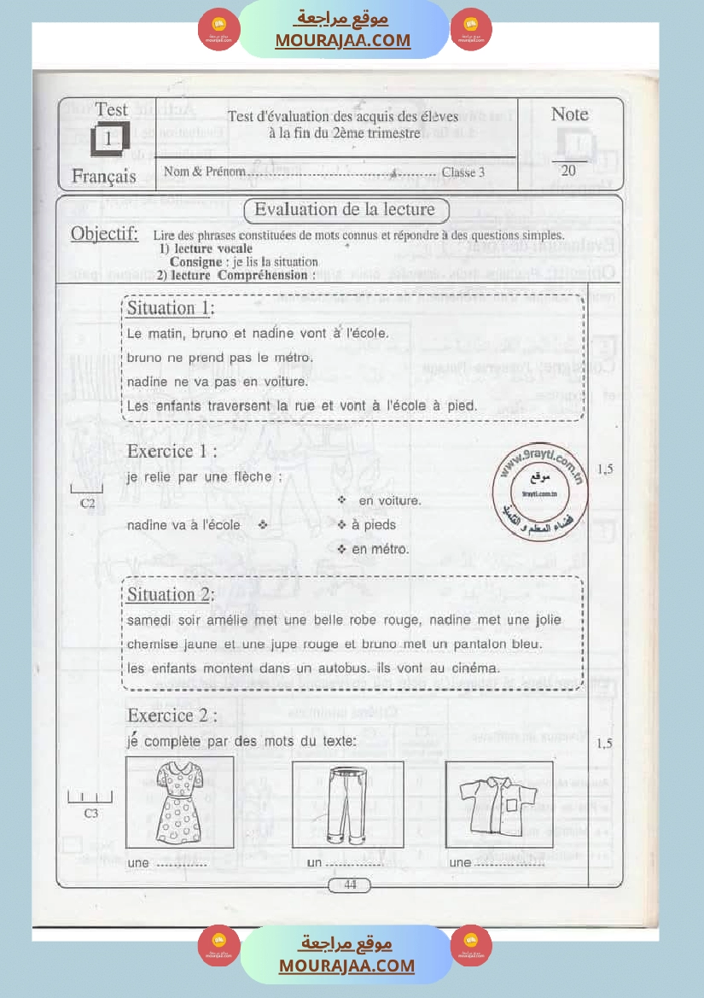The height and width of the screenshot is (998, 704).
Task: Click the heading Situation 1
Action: coord(171,308)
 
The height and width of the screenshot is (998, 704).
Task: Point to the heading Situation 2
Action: coord(171,594)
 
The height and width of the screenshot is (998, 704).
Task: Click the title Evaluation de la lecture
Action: coord(345,210)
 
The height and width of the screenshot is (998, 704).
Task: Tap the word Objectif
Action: coord(104,234)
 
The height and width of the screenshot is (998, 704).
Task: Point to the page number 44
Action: coord(350,884)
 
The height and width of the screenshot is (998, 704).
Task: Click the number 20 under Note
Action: coord(568,171)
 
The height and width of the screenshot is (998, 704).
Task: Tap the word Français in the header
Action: coord(103,177)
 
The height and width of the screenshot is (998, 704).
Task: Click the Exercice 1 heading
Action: coord(172,451)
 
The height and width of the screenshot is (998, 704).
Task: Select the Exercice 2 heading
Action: coord(172,715)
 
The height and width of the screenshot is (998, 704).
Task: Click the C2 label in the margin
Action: coord(87,504)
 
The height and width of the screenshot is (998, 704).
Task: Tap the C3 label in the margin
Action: coord(90,814)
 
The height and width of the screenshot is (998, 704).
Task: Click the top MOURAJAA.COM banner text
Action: coord(343,40)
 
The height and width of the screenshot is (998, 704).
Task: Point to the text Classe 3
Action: coord(463,172)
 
